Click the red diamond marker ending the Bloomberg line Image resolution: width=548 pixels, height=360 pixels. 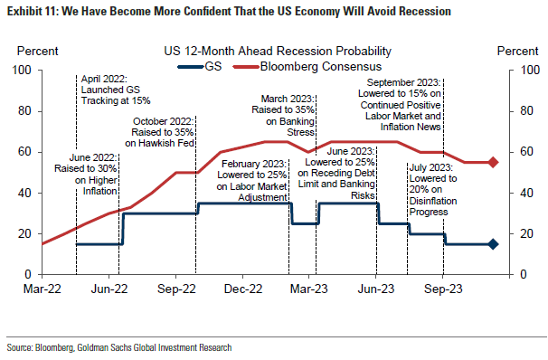click(493, 162)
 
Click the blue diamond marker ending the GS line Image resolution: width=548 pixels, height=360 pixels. click(493, 244)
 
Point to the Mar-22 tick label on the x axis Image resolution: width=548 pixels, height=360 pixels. click(43, 290)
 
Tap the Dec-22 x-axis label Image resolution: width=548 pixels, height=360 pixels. click(242, 290)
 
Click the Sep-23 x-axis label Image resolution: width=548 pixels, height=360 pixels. click(443, 290)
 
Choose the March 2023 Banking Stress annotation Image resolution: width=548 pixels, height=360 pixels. click(290, 116)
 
